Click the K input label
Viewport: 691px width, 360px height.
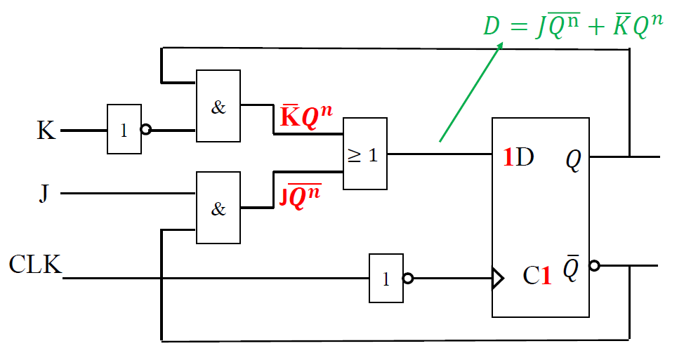pos(46,131)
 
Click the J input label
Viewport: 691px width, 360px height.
pos(44,192)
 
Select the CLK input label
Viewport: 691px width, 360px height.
pos(34,265)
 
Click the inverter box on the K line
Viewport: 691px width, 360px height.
pos(124,130)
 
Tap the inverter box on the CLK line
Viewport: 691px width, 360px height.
pos(386,279)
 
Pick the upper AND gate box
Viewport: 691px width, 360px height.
pos(218,106)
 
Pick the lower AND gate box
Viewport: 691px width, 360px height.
pos(218,208)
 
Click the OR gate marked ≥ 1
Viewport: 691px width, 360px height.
pos(364,154)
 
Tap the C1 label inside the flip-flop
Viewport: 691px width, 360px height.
pos(537,275)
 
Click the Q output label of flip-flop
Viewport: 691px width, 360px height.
pos(574,161)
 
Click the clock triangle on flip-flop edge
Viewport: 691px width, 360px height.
pos(498,279)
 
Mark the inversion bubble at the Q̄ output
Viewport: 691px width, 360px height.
pos(595,266)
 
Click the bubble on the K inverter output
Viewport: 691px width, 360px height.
pos(146,130)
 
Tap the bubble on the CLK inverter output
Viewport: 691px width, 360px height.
pos(408,279)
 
